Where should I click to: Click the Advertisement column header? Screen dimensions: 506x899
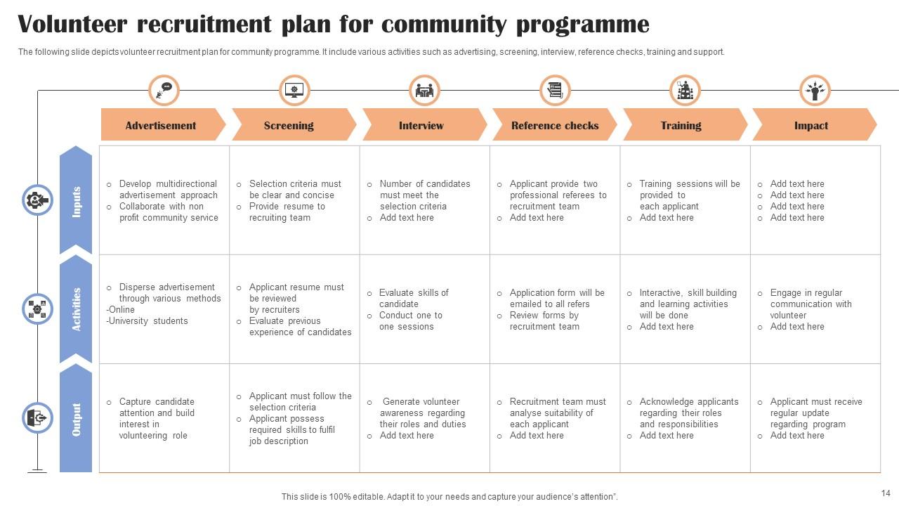[161, 126]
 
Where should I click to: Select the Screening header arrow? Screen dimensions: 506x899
[289, 126]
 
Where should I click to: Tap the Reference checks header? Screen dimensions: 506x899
[555, 126]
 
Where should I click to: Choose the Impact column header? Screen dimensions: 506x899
[811, 126]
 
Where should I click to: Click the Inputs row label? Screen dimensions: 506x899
[76, 201]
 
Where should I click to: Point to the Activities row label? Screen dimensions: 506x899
[76, 309]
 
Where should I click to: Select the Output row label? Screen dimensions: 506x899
[76, 419]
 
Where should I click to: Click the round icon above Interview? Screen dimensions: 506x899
[424, 91]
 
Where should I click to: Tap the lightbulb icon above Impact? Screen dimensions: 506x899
[815, 91]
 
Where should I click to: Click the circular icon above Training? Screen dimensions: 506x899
[685, 91]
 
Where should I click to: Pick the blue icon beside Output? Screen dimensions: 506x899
[37, 418]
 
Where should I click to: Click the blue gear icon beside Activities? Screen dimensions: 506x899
[37, 309]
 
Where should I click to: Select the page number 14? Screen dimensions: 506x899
[885, 493]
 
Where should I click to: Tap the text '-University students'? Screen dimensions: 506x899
[147, 321]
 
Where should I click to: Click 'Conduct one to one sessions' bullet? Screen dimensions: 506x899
[410, 320]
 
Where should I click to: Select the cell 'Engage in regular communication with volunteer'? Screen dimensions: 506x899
[811, 304]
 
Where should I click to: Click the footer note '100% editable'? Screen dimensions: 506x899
[351, 496]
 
